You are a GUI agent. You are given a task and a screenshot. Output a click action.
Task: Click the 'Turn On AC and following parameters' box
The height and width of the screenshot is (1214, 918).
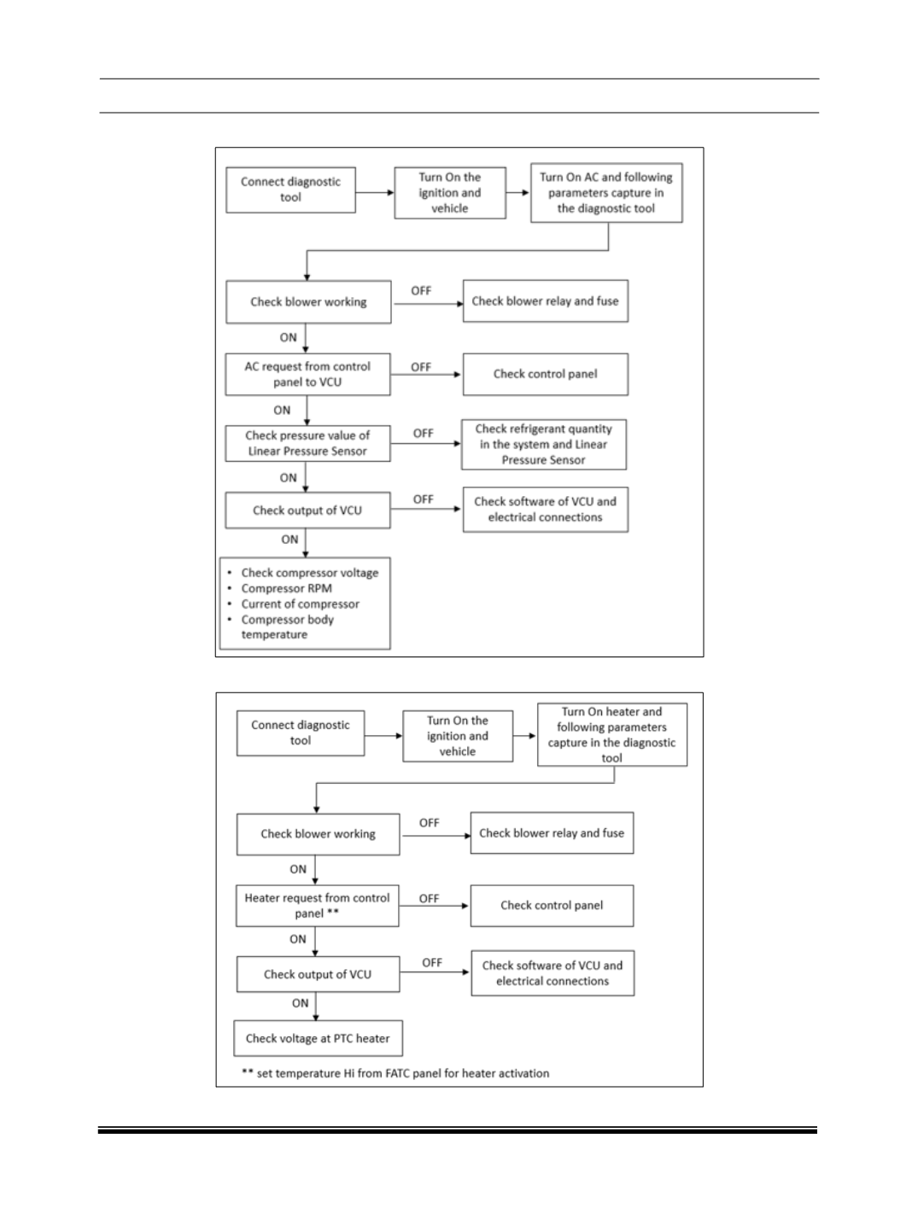click(606, 192)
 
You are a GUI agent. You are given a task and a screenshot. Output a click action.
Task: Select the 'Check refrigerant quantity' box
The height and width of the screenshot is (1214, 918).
click(544, 444)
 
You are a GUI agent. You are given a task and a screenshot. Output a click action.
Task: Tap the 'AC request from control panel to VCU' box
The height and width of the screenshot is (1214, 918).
click(307, 374)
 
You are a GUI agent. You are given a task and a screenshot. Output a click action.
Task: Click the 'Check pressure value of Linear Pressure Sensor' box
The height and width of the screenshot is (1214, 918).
click(307, 443)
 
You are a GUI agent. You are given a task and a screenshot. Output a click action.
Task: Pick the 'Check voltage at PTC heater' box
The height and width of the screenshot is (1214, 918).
click(318, 1038)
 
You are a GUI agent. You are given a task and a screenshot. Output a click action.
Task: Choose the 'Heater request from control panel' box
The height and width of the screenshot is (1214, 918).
click(318, 906)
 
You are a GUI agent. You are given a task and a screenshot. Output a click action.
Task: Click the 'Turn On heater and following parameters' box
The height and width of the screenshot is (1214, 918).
click(612, 734)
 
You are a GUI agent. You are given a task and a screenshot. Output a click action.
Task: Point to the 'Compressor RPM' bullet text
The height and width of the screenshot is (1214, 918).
click(286, 588)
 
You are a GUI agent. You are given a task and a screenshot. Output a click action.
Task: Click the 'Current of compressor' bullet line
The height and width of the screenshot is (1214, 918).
click(301, 604)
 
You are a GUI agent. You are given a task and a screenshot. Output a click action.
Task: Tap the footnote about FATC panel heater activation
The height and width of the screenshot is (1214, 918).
click(395, 1073)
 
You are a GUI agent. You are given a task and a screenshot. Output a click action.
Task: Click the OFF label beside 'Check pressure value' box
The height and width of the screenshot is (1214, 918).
click(423, 433)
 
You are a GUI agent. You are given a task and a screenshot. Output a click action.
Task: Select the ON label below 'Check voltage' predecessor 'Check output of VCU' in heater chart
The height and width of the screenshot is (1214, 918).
click(301, 1003)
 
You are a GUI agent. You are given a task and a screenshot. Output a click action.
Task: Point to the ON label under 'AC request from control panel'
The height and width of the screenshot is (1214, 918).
click(282, 410)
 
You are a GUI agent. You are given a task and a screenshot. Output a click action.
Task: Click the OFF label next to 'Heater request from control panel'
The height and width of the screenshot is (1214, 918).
click(429, 899)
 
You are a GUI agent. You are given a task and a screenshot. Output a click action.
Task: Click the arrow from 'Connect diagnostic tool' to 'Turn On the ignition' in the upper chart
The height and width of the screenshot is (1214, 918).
click(375, 192)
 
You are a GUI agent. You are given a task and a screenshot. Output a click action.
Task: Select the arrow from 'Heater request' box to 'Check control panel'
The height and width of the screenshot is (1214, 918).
click(434, 906)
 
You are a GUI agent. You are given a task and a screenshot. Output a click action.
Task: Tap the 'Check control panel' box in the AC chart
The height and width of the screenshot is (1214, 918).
click(546, 374)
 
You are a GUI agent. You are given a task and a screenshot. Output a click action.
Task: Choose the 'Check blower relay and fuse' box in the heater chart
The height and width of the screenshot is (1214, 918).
click(552, 833)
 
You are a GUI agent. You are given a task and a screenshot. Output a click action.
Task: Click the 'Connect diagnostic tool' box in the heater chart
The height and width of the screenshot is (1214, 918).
click(301, 732)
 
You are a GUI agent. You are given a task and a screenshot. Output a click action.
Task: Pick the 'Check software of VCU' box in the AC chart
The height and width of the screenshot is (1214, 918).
click(546, 510)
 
